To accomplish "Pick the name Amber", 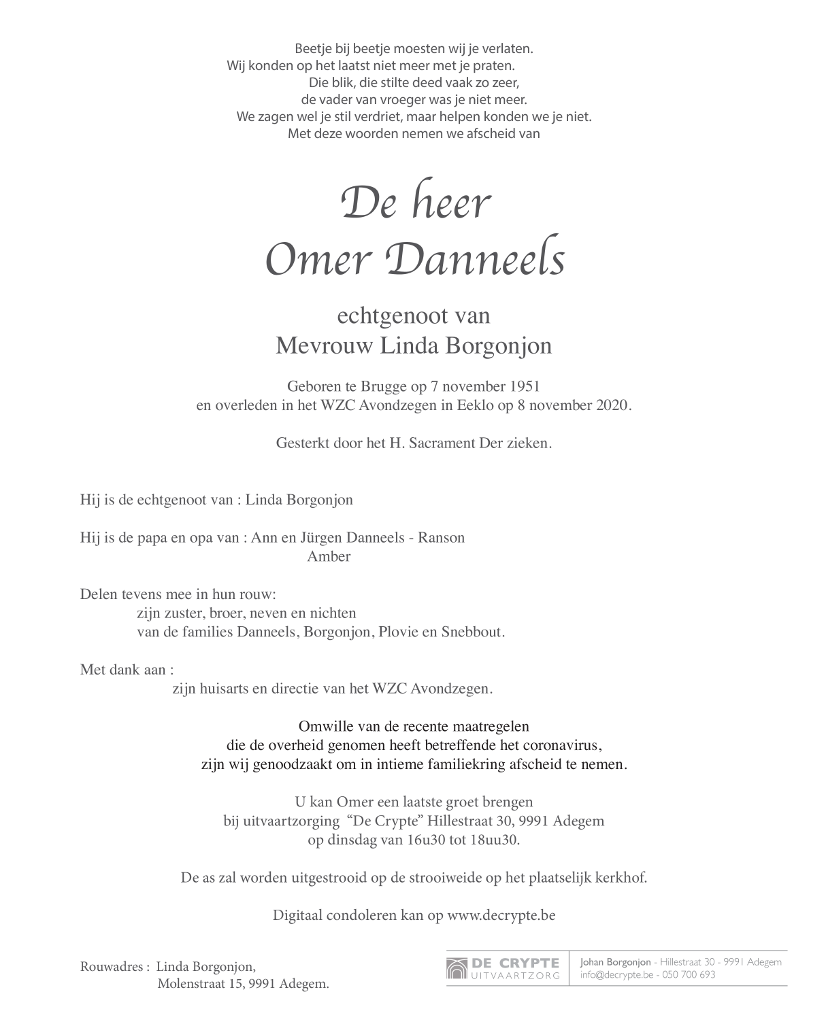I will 329,556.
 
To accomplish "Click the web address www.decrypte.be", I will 501,915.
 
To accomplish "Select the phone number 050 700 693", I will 689,974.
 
